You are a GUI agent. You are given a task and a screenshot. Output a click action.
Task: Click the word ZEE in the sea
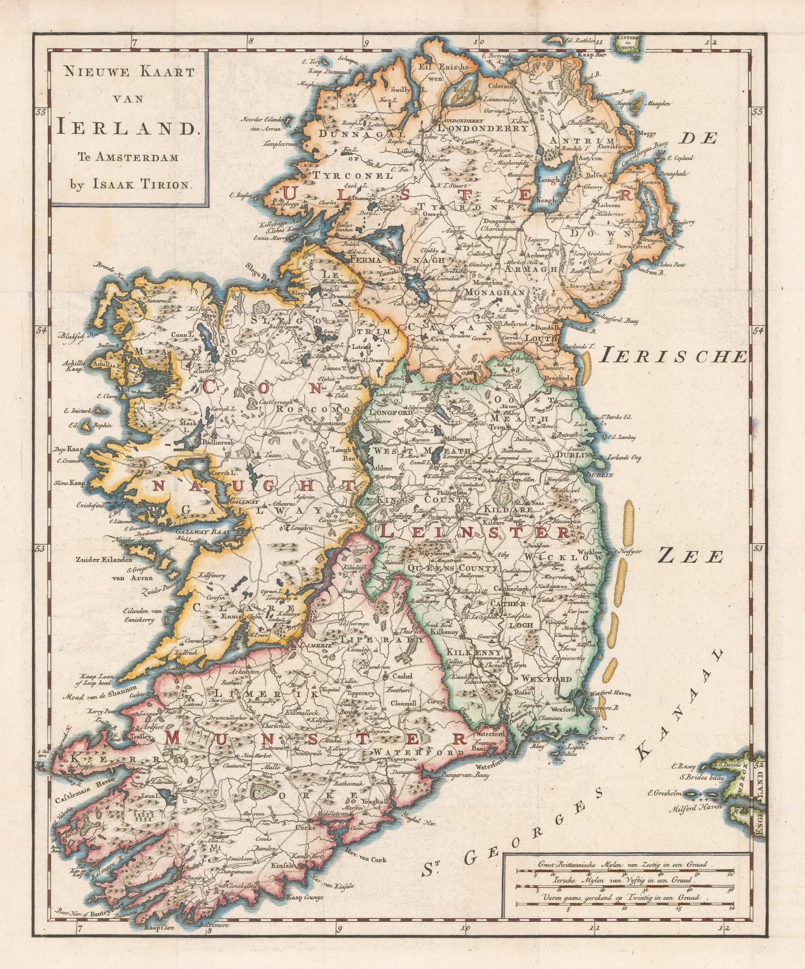coord(690,555)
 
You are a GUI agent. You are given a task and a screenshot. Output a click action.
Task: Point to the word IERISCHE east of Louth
coord(672,357)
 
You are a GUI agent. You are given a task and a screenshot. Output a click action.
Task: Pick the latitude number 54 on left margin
coord(41,331)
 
